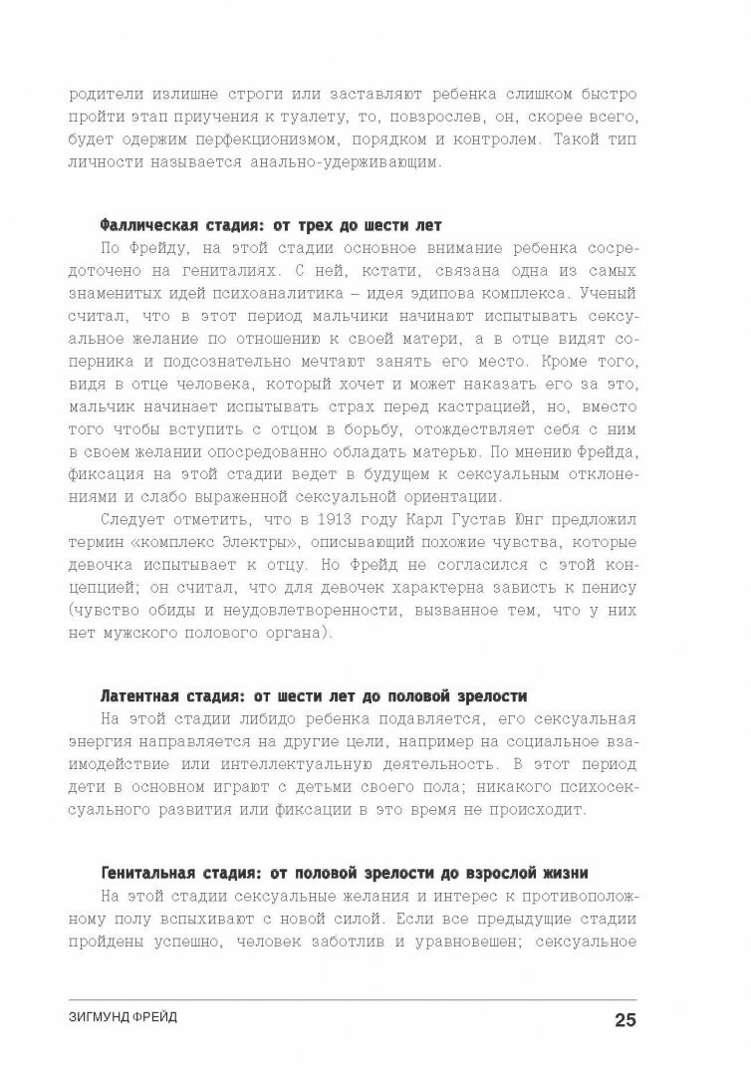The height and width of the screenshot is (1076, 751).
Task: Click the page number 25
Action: tap(625, 1019)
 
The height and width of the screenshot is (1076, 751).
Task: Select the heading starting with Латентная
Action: tap(315, 694)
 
